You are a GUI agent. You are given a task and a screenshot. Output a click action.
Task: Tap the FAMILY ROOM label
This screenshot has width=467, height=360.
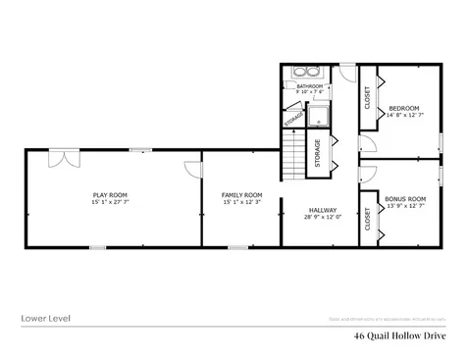coord(241,195)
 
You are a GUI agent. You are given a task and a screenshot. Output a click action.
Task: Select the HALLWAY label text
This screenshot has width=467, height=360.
coord(323,210)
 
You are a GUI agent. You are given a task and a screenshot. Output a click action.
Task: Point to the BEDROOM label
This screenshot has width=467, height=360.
coord(404,108)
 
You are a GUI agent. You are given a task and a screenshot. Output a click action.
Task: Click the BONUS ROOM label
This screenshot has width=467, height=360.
coord(405,199)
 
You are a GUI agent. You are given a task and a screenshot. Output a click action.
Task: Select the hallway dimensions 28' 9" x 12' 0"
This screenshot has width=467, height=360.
coord(323,217)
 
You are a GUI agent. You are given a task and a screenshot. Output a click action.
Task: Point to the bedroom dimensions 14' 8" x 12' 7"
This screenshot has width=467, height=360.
coord(405,115)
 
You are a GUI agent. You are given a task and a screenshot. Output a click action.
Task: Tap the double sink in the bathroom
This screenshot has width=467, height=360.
coord(306,72)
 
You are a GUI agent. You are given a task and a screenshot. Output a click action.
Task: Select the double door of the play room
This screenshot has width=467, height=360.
coord(64,158)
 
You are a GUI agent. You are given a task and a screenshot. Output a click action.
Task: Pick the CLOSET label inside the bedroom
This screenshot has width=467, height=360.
coord(368,99)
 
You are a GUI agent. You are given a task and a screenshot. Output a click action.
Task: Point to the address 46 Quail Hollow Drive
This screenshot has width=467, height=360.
coord(401,335)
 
